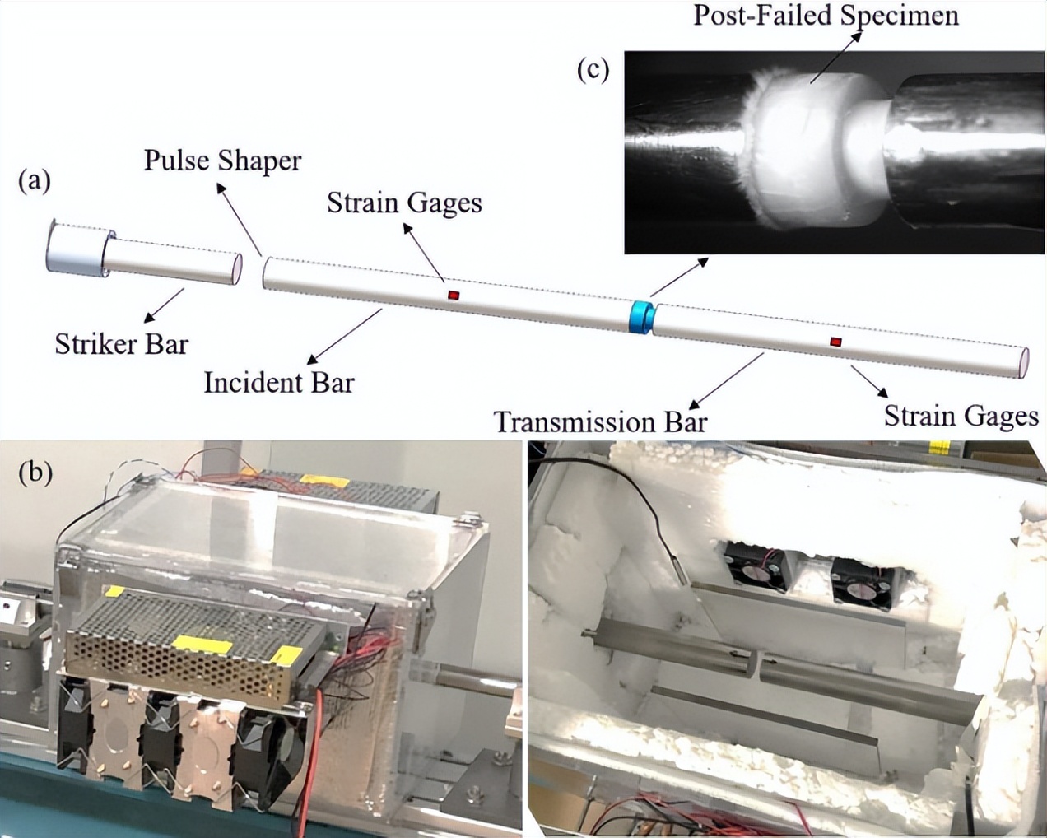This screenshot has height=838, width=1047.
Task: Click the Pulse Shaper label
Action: point(222,161)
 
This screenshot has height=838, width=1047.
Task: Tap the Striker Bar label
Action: point(121,343)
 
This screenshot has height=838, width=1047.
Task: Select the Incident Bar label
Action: point(279,382)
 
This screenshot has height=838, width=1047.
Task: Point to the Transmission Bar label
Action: point(600,421)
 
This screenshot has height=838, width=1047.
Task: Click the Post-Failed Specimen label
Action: point(826,15)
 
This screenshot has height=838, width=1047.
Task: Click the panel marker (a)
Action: point(35,180)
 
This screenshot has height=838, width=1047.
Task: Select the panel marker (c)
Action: point(593,70)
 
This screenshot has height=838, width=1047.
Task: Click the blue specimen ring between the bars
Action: point(641,318)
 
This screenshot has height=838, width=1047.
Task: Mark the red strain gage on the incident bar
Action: point(453,295)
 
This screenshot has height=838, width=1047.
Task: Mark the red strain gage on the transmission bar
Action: point(836,341)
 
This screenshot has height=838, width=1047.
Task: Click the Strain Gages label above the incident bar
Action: point(403,203)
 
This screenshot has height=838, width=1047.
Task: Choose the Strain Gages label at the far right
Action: point(961,416)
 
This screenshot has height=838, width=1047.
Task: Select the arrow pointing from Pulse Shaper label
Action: point(238,217)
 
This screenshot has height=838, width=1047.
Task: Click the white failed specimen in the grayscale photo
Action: point(803,156)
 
